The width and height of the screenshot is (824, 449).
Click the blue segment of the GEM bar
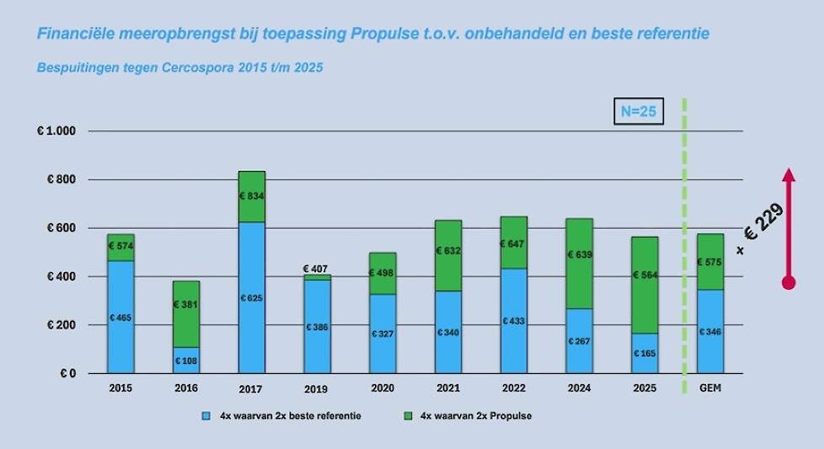pyautogui.click(x=710, y=331)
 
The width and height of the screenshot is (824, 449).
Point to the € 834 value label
pyautogui.click(x=251, y=195)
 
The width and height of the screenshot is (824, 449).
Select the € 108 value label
pyautogui.click(x=185, y=361)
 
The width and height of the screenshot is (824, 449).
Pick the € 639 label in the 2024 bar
pyautogui.click(x=579, y=254)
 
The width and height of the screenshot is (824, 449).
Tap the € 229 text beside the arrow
pyautogui.click(x=762, y=226)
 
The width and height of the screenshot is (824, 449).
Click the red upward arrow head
pyautogui.click(x=789, y=174)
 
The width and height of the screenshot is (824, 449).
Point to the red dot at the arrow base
pyautogui.click(x=789, y=283)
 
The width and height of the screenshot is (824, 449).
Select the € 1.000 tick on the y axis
pyautogui.click(x=56, y=131)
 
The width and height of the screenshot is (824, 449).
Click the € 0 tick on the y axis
pyautogui.click(x=67, y=373)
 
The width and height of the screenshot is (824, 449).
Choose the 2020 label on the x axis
pyautogui.click(x=383, y=388)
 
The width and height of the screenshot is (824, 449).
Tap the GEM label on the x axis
pyautogui.click(x=710, y=388)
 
